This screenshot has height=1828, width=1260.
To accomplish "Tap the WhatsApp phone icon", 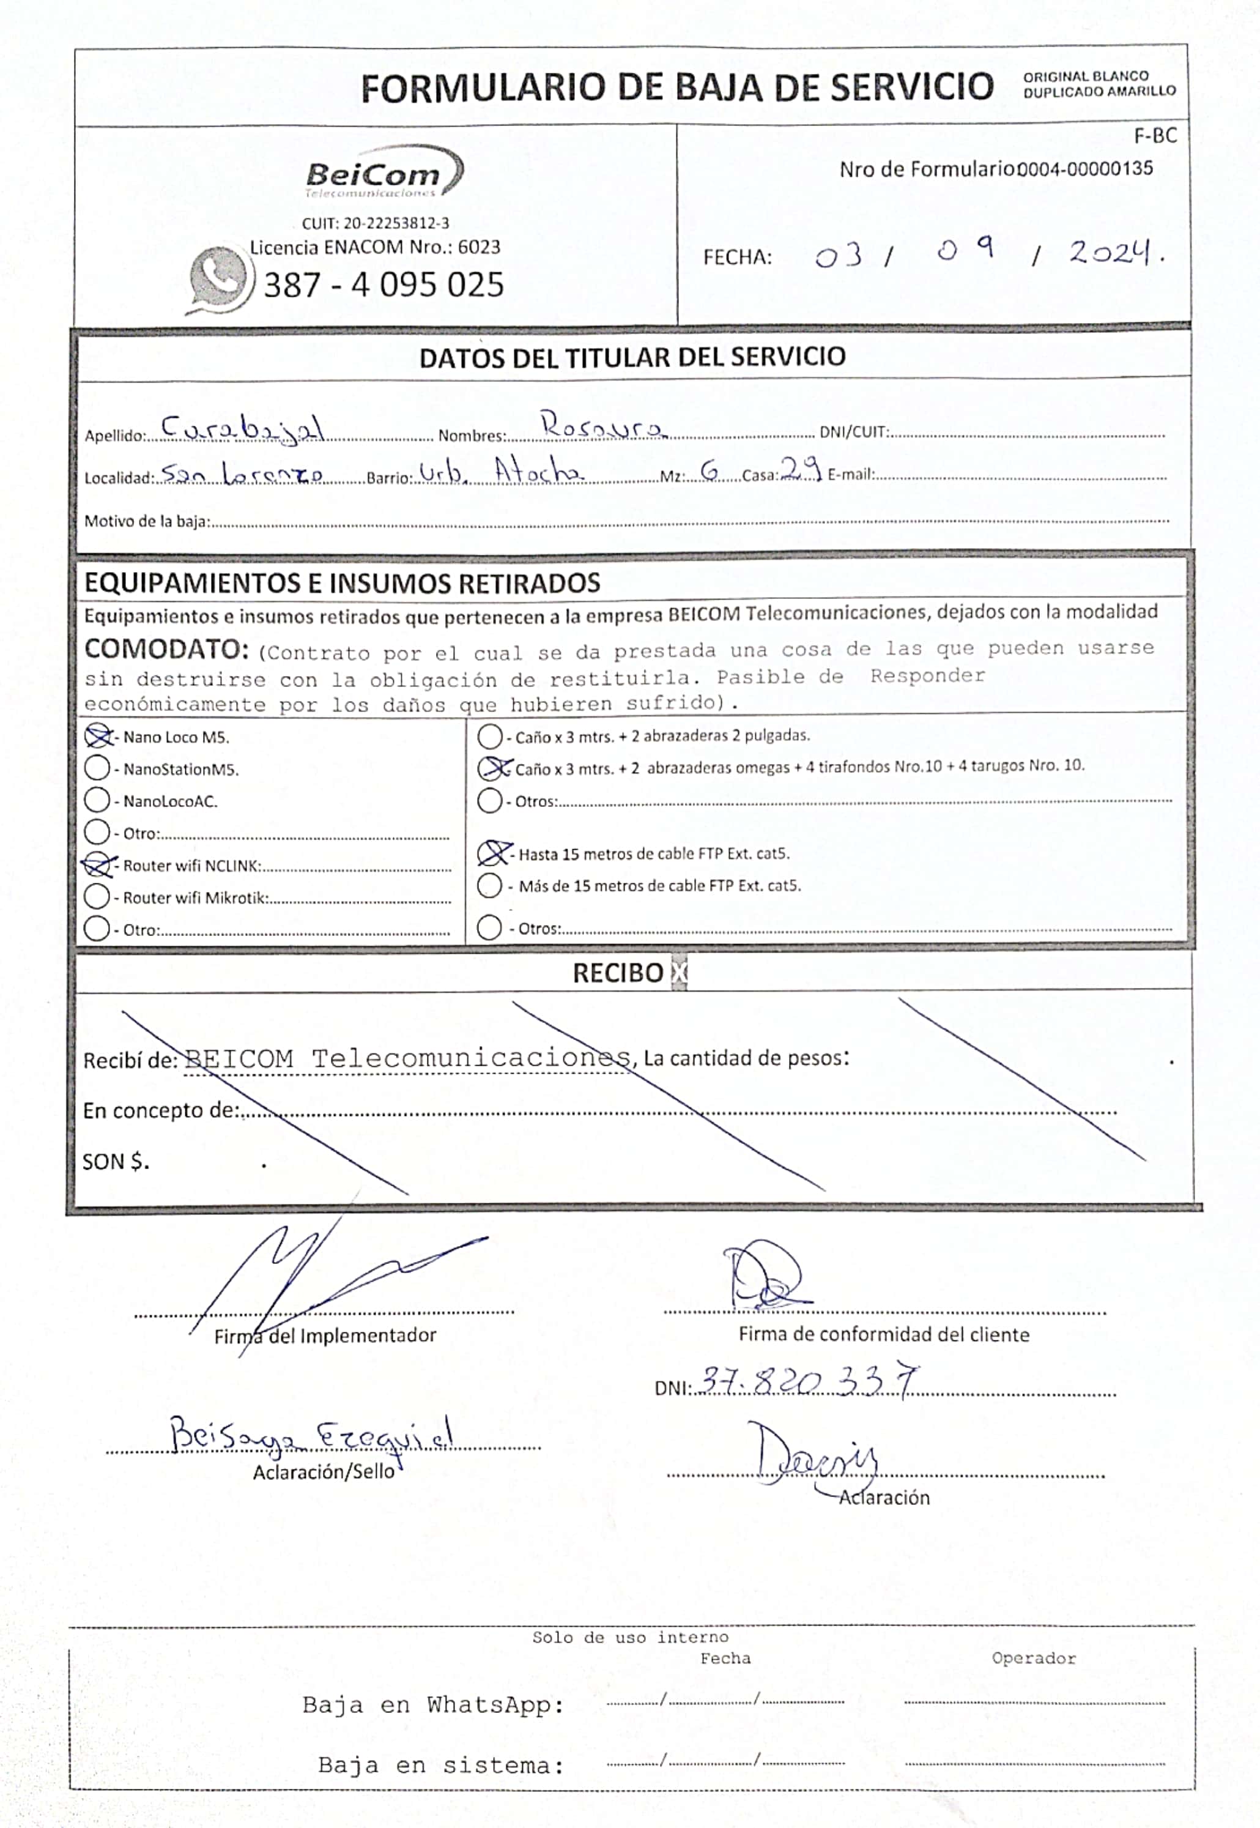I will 218,279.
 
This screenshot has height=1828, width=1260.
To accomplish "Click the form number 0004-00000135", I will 1084,168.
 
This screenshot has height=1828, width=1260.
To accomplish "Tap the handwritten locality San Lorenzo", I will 242,474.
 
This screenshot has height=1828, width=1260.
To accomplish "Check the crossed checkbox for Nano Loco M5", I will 97,737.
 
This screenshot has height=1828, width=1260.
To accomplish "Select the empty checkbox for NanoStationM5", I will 97,768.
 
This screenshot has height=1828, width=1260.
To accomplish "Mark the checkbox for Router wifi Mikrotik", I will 97,897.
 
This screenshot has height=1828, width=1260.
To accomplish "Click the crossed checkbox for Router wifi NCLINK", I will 97,866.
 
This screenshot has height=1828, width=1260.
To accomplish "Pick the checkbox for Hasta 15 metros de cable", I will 492,853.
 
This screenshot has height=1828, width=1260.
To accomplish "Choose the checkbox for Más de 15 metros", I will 489,885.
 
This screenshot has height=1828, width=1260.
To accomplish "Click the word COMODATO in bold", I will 166,649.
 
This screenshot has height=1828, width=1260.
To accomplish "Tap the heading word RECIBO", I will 617,973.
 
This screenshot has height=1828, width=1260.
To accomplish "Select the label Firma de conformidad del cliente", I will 883,1334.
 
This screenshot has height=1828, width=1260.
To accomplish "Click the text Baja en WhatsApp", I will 432,1705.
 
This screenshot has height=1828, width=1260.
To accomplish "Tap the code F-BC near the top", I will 1154,136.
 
